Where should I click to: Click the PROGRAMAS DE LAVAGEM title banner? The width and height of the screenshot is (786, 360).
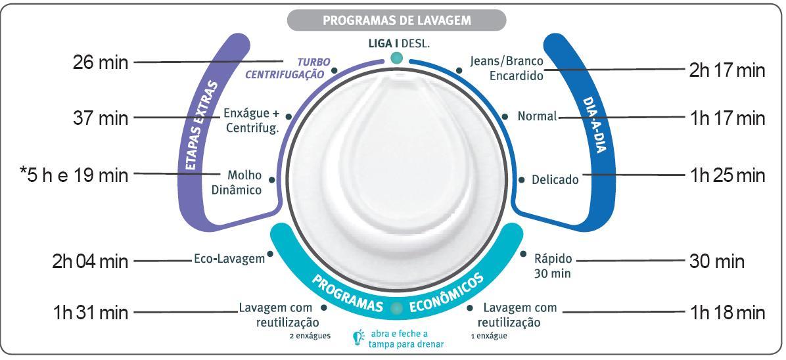(x=396, y=20)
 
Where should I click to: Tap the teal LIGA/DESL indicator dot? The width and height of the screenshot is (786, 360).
(x=396, y=58)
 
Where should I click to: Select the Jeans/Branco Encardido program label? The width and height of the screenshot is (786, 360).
(x=507, y=68)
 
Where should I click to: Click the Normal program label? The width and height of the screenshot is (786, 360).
(x=537, y=116)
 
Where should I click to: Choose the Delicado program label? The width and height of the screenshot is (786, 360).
(x=555, y=179)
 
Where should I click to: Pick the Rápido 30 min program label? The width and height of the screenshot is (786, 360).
(x=553, y=265)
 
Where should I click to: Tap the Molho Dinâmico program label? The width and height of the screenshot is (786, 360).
(x=243, y=183)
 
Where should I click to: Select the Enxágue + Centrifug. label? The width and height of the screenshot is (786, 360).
(x=251, y=120)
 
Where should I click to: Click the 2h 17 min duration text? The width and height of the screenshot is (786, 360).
(x=727, y=71)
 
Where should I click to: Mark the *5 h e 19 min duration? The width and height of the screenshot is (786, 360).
(x=74, y=175)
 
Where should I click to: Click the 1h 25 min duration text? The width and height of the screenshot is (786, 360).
(x=728, y=175)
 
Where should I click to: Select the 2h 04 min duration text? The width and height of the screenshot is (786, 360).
(x=90, y=261)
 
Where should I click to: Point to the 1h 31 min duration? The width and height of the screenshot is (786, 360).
(x=90, y=312)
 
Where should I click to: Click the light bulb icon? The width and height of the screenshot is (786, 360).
(x=358, y=337)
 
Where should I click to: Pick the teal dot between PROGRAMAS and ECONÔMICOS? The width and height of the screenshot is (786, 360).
(x=396, y=308)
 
